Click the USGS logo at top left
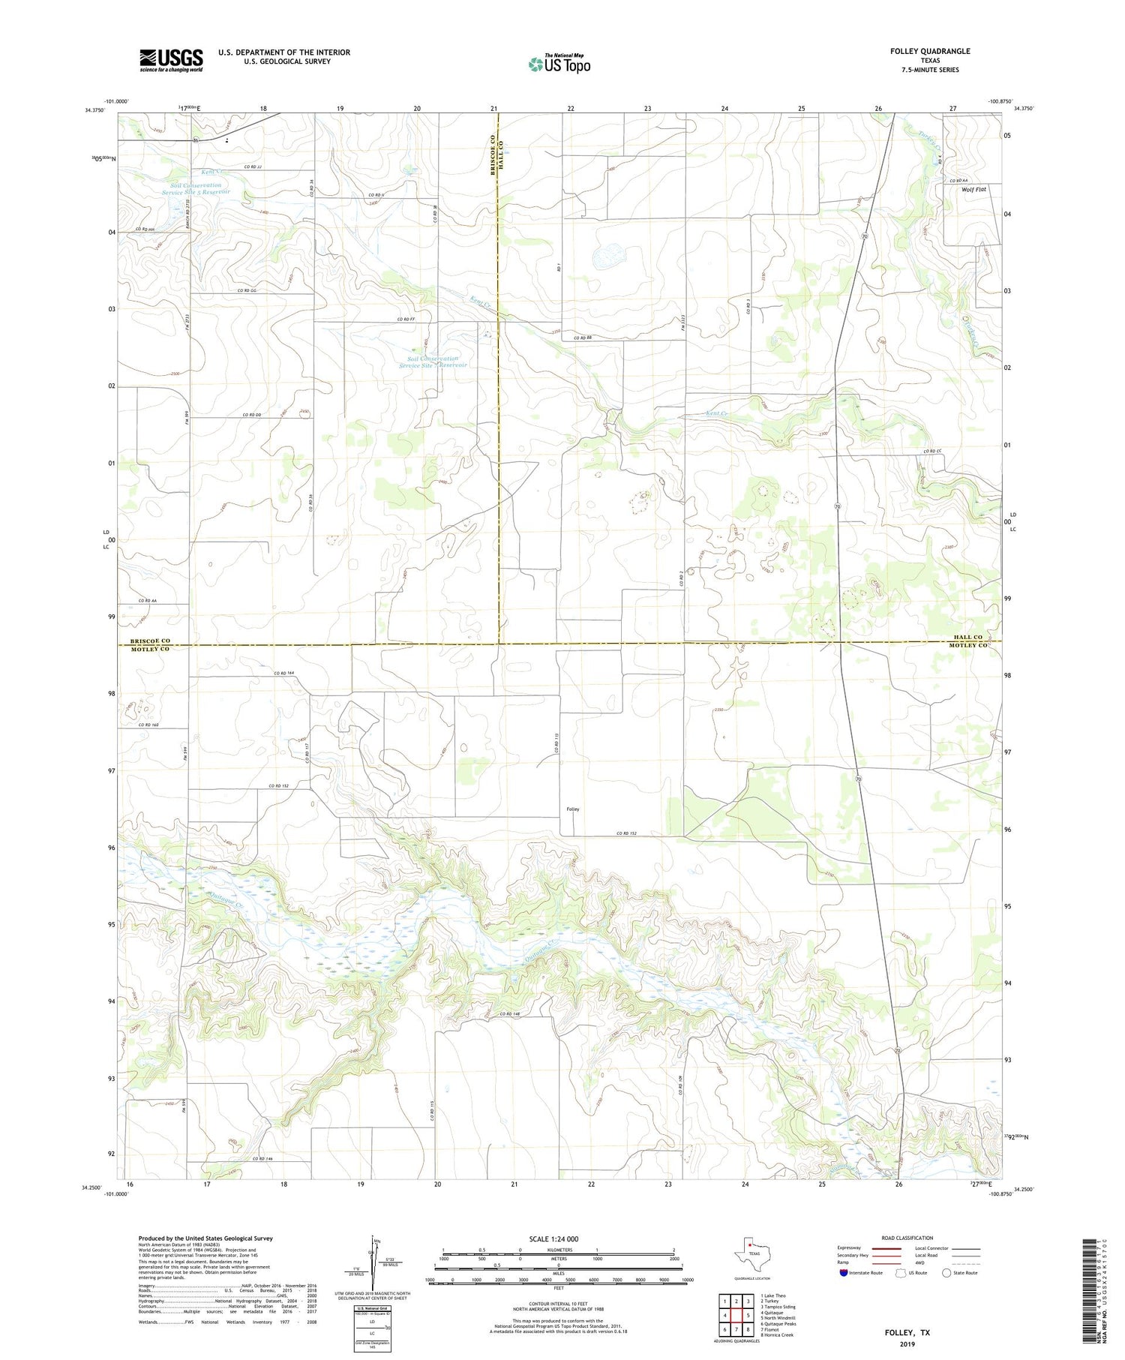click(x=171, y=60)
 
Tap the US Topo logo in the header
click(x=559, y=65)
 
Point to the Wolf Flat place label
click(x=974, y=190)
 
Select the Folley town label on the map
click(x=572, y=809)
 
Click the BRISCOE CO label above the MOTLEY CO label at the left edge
click(x=150, y=641)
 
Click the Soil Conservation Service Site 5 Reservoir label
click(x=196, y=188)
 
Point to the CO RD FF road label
click(x=406, y=320)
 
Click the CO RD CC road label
click(x=931, y=451)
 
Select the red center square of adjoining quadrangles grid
click(x=736, y=1315)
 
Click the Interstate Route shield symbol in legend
click(x=844, y=1272)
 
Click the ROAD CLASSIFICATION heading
click(x=907, y=1238)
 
